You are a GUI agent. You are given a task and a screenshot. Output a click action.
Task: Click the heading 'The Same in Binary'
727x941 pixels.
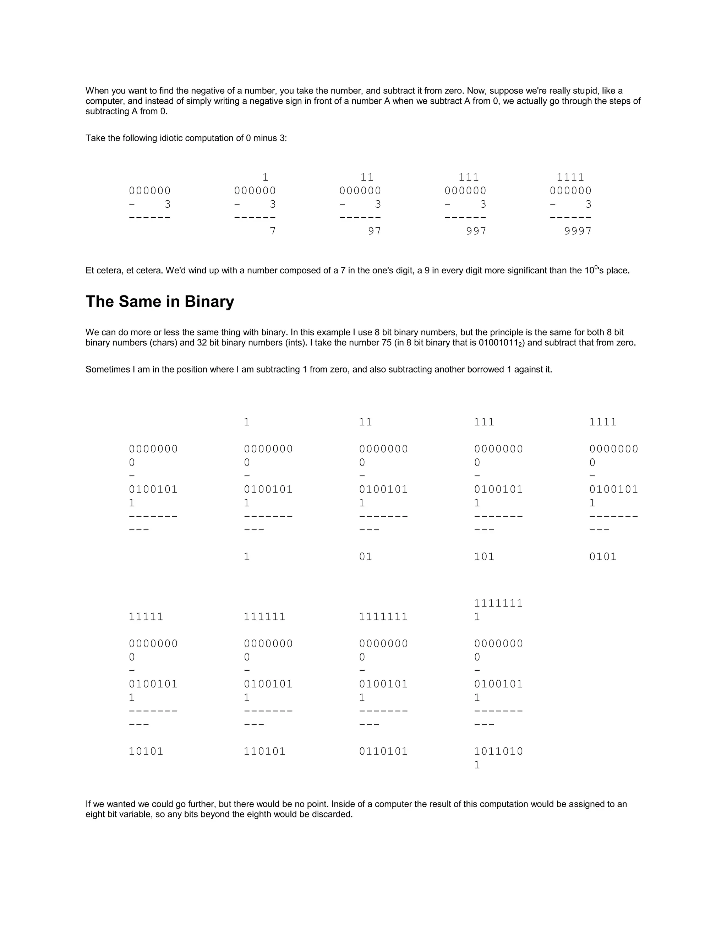pos(160,301)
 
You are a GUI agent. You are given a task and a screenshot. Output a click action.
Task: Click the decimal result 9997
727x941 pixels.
pos(578,232)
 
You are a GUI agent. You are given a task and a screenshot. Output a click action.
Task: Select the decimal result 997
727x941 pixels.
pos(476,232)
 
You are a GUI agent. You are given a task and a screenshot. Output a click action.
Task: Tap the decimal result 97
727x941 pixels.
pos(374,232)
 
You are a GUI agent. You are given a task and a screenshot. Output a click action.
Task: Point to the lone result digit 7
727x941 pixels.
pos(272,232)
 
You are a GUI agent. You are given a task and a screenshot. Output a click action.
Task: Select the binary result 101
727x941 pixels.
pos(484,557)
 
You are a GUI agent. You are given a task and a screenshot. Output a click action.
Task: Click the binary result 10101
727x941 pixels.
pos(146,751)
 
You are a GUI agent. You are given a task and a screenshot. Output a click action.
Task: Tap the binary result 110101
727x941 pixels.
pos(264,751)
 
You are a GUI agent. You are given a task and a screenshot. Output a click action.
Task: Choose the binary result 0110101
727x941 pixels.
pos(383,751)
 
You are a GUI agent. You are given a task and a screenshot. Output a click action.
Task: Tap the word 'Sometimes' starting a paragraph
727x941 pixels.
pos(105,370)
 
